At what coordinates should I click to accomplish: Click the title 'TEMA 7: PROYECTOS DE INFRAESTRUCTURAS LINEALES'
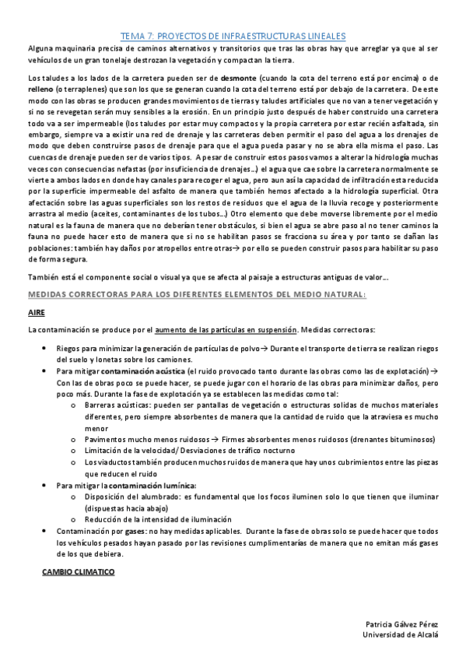[233, 36]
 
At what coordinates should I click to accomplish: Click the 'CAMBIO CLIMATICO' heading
[78, 572]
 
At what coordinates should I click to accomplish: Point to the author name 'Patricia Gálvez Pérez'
[402, 625]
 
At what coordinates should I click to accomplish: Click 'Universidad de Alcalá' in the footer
[401, 635]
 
